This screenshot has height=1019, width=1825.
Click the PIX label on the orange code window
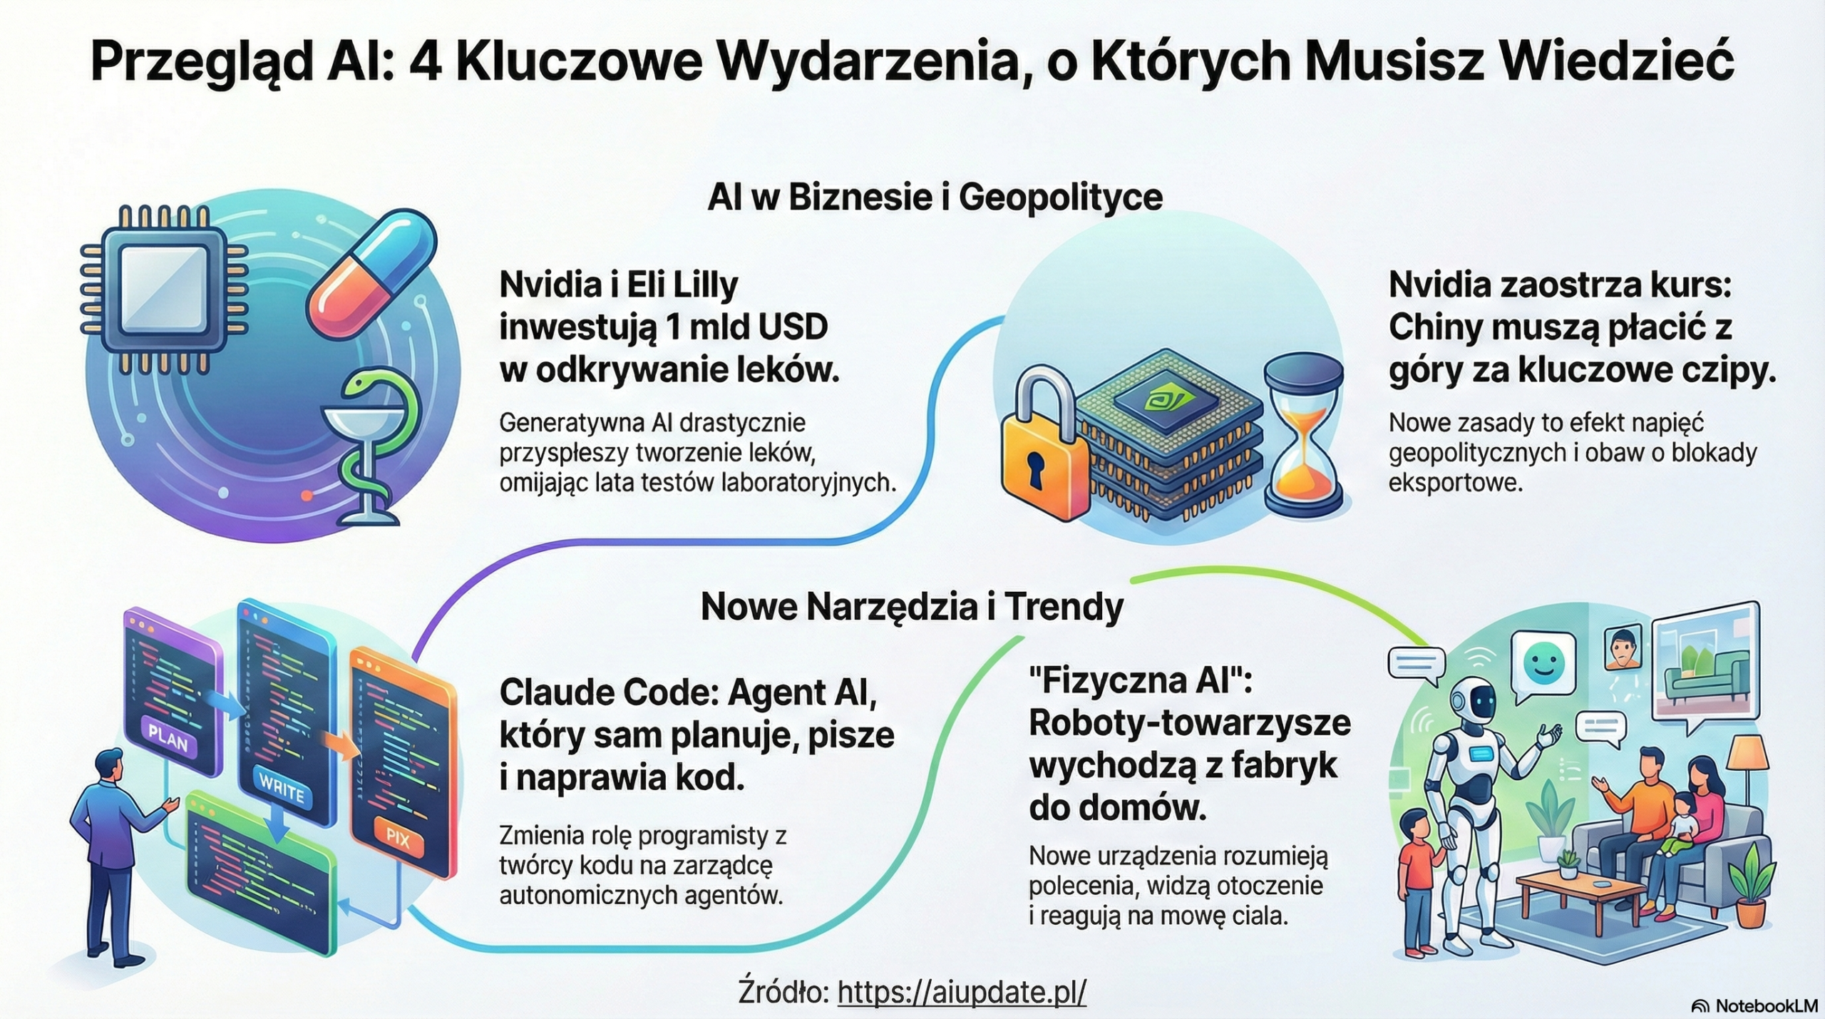[397, 838]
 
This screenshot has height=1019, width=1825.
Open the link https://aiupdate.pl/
[962, 991]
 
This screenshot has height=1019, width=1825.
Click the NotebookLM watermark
[1754, 1005]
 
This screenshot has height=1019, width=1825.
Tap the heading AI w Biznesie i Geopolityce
[935, 197]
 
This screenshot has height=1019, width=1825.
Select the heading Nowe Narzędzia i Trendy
[912, 608]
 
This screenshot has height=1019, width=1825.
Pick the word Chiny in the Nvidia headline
[1433, 327]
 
